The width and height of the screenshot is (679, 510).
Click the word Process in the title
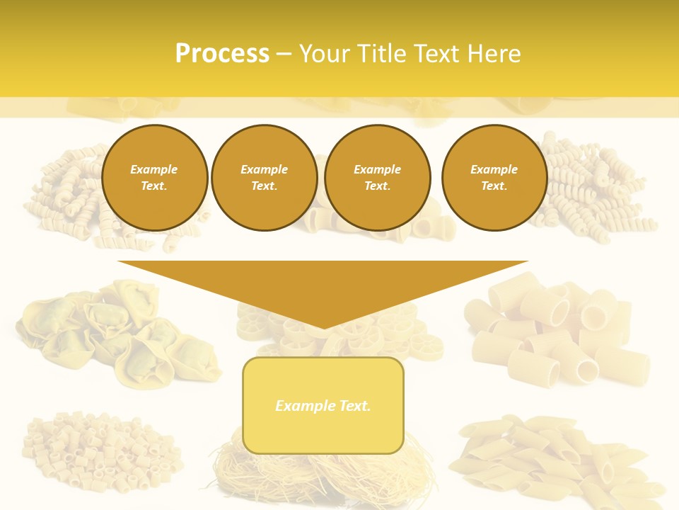pyautogui.click(x=222, y=54)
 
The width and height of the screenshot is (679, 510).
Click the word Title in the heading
pyautogui.click(x=381, y=54)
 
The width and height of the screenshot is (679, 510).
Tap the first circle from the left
pyautogui.click(x=154, y=178)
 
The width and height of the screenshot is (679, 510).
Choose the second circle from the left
pyautogui.click(x=264, y=178)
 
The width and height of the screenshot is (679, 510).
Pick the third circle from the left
pyautogui.click(x=377, y=178)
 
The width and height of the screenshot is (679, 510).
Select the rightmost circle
pyautogui.click(x=494, y=178)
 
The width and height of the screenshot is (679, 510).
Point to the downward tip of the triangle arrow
pyautogui.click(x=324, y=327)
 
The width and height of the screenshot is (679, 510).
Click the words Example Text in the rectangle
pyautogui.click(x=323, y=406)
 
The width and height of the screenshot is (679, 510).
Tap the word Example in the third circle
pyautogui.click(x=377, y=170)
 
